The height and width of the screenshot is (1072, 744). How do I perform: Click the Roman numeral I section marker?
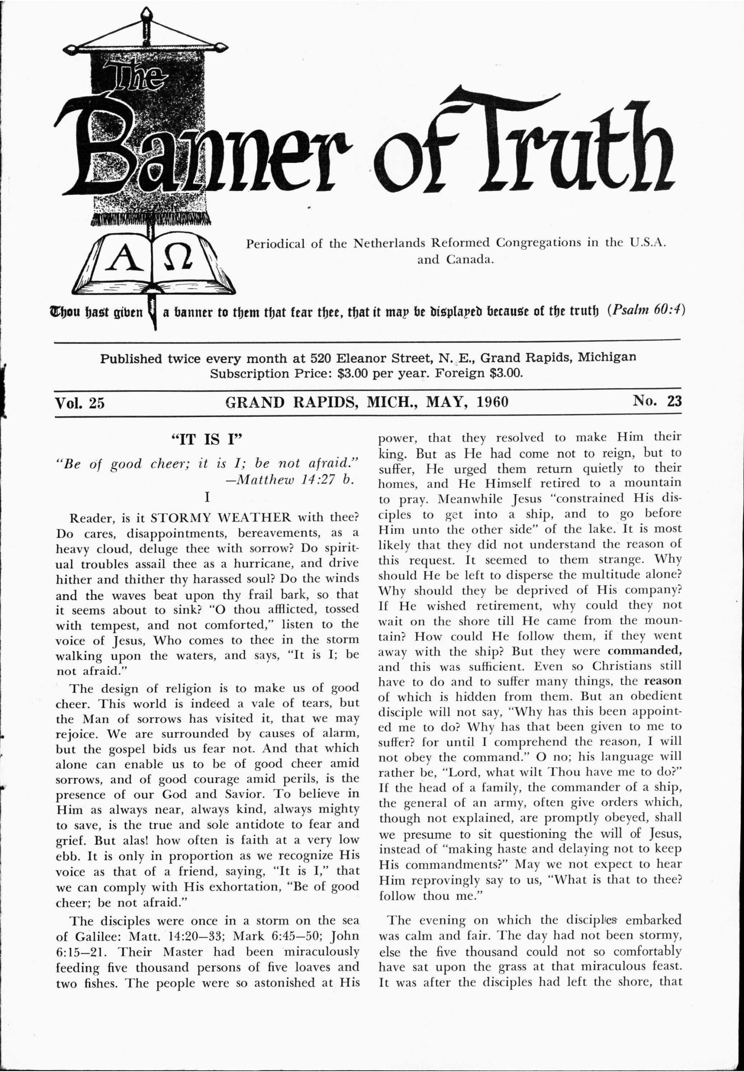pyautogui.click(x=206, y=497)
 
